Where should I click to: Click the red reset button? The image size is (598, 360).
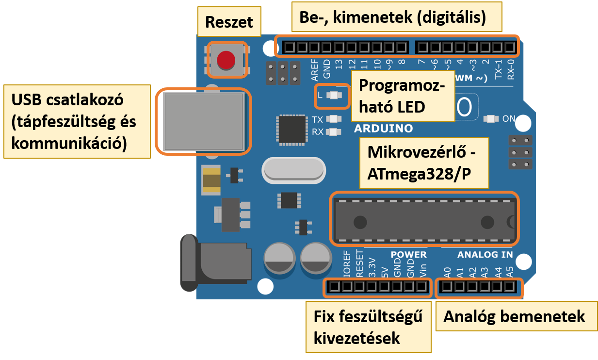click(226, 60)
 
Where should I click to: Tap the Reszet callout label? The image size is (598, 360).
click(229, 22)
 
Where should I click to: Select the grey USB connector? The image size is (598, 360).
click(203, 121)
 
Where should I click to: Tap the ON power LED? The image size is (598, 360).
click(491, 119)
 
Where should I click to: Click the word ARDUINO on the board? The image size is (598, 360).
click(383, 129)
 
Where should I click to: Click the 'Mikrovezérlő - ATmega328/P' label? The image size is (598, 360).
click(423, 162)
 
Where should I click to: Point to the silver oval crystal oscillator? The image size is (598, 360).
click(292, 170)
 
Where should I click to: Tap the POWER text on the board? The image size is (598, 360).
click(408, 255)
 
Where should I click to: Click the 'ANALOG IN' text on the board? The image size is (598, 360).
click(485, 255)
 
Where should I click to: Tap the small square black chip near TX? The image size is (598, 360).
click(291, 129)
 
